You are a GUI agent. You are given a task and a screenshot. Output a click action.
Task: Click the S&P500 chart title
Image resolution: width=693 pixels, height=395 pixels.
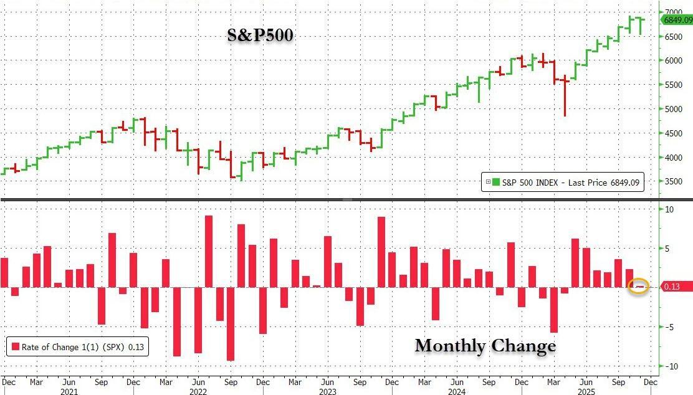tap(260, 37)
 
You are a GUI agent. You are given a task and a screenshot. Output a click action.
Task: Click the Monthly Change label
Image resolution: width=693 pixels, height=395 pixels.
tap(485, 346)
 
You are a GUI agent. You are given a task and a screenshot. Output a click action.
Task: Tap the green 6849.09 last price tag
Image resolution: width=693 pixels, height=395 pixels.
tap(677, 20)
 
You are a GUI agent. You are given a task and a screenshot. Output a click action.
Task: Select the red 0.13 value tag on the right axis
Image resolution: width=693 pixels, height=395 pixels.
tap(676, 287)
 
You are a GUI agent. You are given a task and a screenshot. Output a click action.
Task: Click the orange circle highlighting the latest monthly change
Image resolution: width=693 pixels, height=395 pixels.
tap(639, 287)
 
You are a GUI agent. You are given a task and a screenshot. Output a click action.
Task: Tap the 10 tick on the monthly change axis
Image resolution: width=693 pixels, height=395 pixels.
tap(669, 209)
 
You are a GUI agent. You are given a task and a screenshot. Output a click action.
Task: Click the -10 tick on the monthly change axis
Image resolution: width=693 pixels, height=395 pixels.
tap(670, 366)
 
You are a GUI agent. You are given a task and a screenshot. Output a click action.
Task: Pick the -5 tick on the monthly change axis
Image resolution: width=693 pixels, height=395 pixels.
tap(668, 327)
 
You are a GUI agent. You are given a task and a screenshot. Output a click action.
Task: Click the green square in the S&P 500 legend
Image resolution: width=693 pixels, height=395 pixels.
tap(496, 182)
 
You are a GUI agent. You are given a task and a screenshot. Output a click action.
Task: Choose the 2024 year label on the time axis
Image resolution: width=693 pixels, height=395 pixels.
tap(457, 392)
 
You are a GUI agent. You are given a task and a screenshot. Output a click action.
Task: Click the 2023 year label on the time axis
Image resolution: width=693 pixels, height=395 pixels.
tap(327, 392)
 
